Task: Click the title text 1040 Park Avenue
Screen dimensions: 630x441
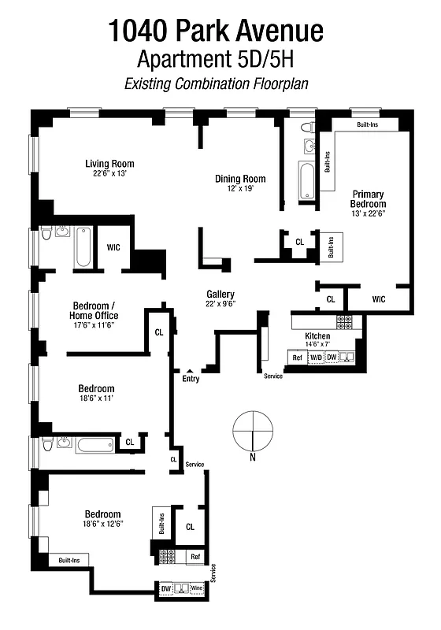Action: pyautogui.click(x=216, y=31)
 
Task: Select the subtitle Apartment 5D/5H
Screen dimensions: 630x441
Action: pyautogui.click(x=216, y=59)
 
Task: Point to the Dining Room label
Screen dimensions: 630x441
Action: pyautogui.click(x=240, y=179)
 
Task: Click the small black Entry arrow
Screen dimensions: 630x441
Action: pyautogui.click(x=189, y=370)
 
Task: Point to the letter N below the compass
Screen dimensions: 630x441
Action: pyautogui.click(x=253, y=458)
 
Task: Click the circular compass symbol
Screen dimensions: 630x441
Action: pyautogui.click(x=253, y=431)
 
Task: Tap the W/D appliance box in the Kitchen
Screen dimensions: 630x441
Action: pyautogui.click(x=316, y=358)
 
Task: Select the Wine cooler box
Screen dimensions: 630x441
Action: pyautogui.click(x=196, y=588)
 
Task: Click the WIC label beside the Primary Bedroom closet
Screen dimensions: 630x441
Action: pyautogui.click(x=378, y=299)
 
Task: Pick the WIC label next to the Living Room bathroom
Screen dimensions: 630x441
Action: pyautogui.click(x=113, y=247)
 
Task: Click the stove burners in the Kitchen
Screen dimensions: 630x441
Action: pyautogui.click(x=345, y=321)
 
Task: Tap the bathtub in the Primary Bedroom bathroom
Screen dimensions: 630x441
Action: pyautogui.click(x=306, y=180)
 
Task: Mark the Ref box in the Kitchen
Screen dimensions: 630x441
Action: pyautogui.click(x=297, y=358)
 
